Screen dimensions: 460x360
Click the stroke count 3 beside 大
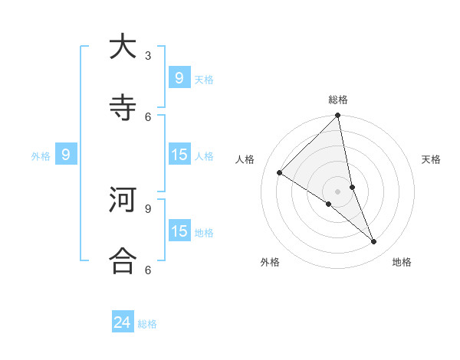[x=148, y=55]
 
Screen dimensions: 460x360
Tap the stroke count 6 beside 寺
[x=148, y=116]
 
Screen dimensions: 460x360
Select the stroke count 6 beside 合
[x=148, y=270]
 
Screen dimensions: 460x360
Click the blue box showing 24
[x=123, y=322]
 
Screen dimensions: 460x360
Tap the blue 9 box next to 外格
[x=66, y=155]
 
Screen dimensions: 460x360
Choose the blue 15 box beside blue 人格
[x=179, y=155]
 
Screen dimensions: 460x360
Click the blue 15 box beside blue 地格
[x=179, y=231]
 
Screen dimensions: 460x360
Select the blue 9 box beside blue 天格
[x=179, y=78]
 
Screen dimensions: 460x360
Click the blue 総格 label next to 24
[x=147, y=324]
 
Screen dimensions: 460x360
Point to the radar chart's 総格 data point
[x=338, y=116]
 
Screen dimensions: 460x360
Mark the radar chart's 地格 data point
[x=374, y=241]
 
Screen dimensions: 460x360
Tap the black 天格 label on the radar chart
[x=432, y=159]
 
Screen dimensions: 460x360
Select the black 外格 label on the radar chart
[x=270, y=262]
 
